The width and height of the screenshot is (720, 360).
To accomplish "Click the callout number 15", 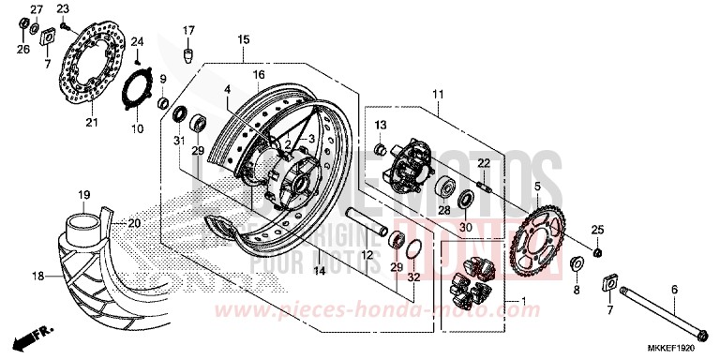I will click(x=243, y=39).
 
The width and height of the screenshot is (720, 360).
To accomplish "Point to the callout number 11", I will click(x=436, y=95).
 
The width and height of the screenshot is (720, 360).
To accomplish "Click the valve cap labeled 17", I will click(x=188, y=53).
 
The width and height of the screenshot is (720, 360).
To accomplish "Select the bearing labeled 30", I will click(x=466, y=200).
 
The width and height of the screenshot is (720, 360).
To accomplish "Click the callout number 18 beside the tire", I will click(x=38, y=277).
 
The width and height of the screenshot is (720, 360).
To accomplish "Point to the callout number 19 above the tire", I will click(x=83, y=194).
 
